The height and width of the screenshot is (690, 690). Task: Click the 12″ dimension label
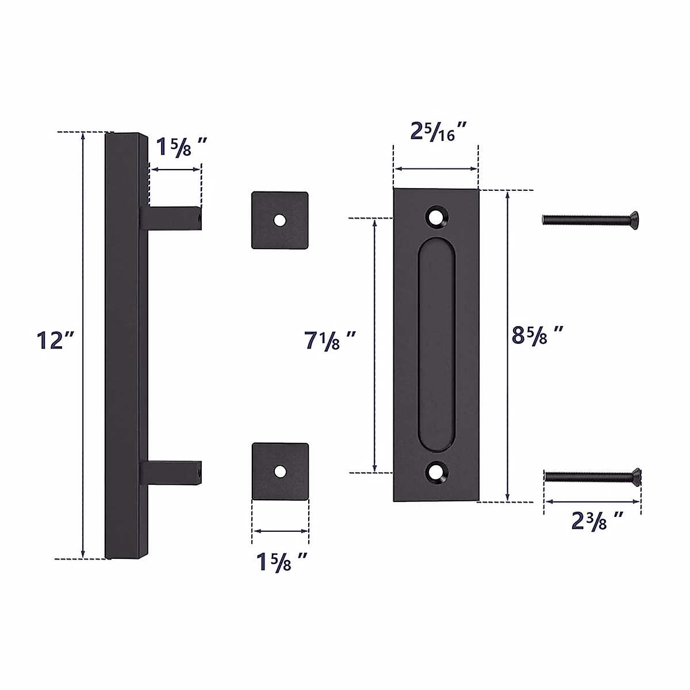pos(56,340)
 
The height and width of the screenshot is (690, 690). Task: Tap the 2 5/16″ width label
pos(439,132)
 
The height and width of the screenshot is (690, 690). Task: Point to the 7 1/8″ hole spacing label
pos(330,340)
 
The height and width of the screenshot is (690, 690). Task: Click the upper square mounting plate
pos(279,220)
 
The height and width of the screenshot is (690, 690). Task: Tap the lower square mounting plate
pos(281,471)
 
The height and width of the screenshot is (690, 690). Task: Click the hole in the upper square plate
pos(279,220)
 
